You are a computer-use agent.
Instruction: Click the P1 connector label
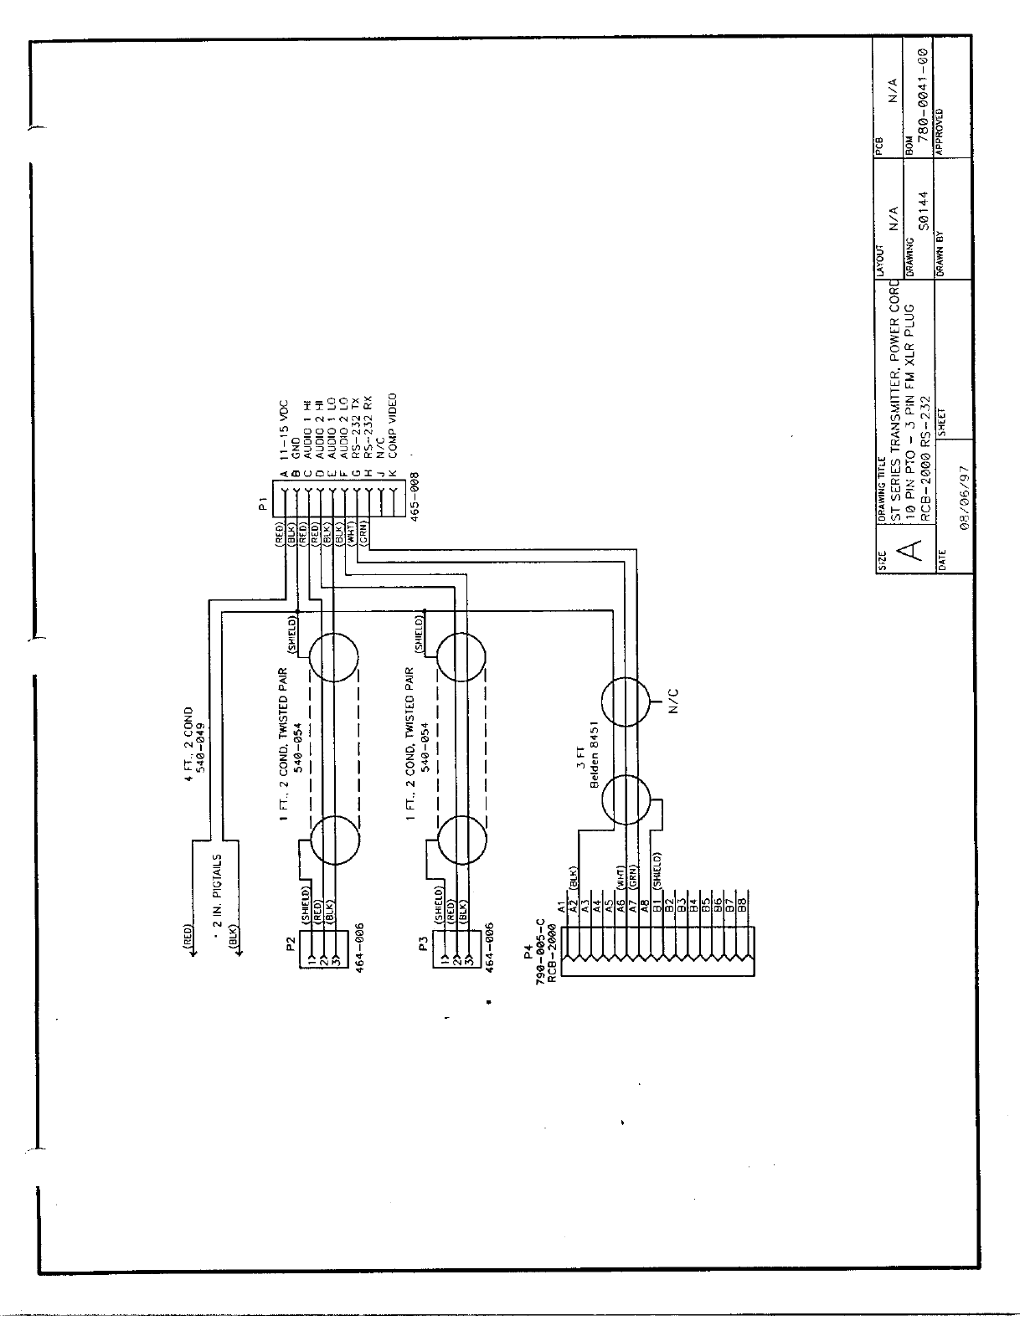pyautogui.click(x=262, y=504)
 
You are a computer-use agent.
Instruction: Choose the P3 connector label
pyautogui.click(x=424, y=945)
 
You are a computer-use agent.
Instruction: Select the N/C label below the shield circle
pyautogui.click(x=673, y=699)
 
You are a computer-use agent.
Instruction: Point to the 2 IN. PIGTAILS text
pyautogui.click(x=219, y=892)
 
